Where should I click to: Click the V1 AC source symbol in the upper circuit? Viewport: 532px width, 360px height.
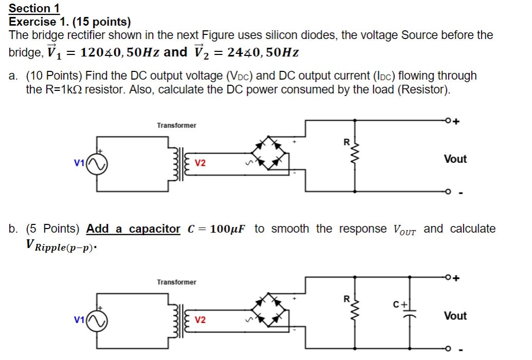point(97,164)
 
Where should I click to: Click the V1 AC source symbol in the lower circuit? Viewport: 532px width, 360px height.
point(97,321)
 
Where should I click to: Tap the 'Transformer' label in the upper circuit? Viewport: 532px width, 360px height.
point(176,125)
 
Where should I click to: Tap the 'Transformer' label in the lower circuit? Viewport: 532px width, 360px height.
point(176,282)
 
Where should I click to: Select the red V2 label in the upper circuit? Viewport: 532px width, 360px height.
point(200,163)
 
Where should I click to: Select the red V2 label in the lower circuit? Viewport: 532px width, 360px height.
point(200,320)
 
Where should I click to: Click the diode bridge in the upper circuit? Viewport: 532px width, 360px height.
point(268,153)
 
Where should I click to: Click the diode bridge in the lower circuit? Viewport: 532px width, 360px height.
point(268,310)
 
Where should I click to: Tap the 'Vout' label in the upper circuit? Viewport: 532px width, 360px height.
point(455,159)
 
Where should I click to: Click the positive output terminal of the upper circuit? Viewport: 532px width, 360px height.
point(449,121)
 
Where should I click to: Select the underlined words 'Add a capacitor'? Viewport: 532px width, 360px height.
point(133,229)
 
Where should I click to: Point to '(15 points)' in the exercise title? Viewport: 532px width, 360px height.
point(101,22)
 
